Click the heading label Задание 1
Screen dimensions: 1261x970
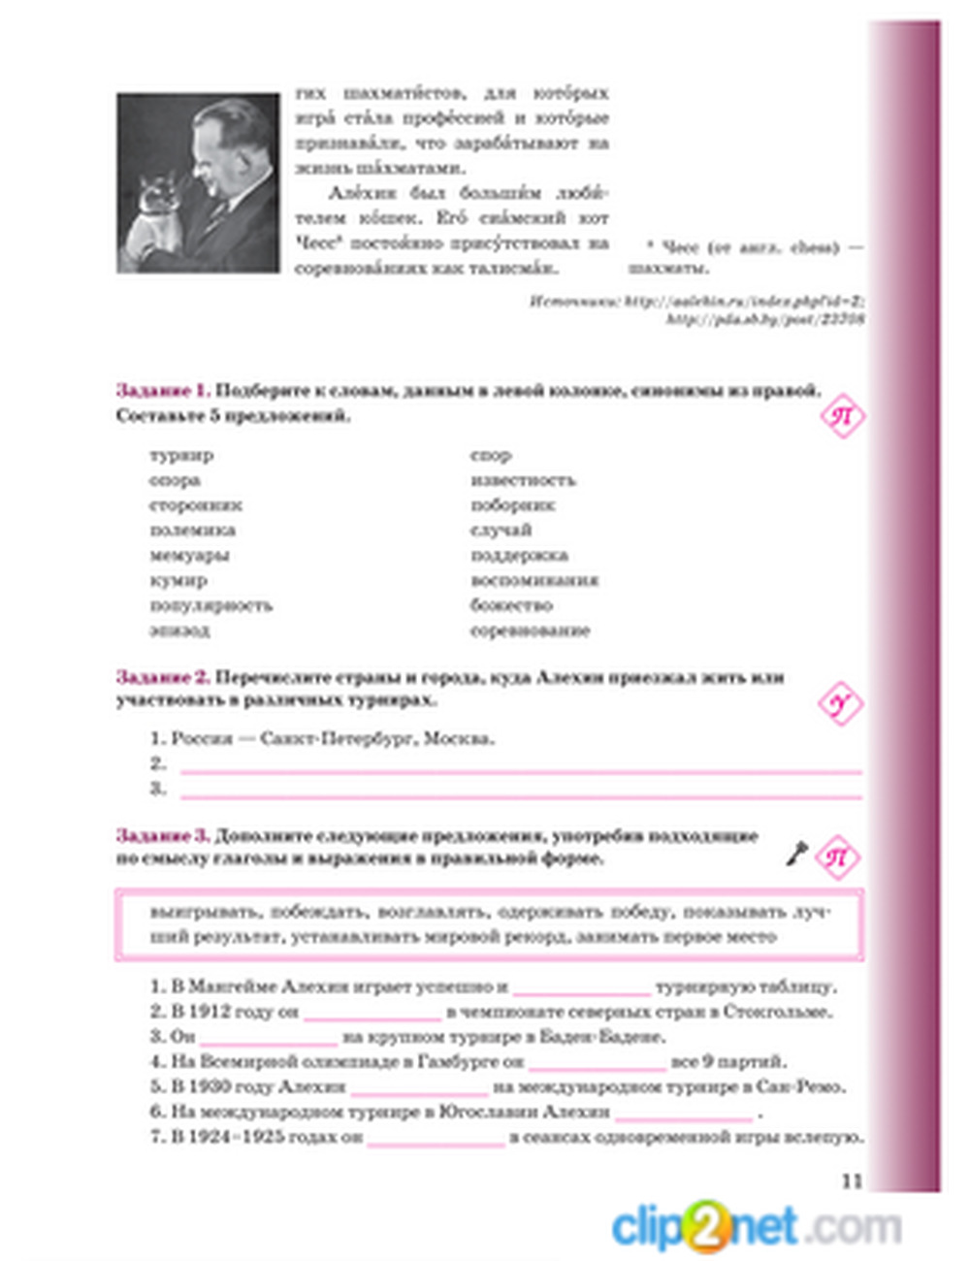point(162,391)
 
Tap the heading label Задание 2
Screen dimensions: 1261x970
point(162,677)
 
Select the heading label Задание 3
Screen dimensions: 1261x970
point(162,835)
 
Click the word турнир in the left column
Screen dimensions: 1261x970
point(181,455)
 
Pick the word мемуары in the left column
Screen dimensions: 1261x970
point(189,556)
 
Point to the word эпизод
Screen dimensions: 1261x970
point(179,630)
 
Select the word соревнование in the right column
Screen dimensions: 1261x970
point(530,630)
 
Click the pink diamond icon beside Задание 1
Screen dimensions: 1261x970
point(841,417)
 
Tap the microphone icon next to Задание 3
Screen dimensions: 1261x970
point(796,855)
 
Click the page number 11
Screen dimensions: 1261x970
point(852,1180)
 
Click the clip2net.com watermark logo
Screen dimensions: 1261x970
point(755,1227)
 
